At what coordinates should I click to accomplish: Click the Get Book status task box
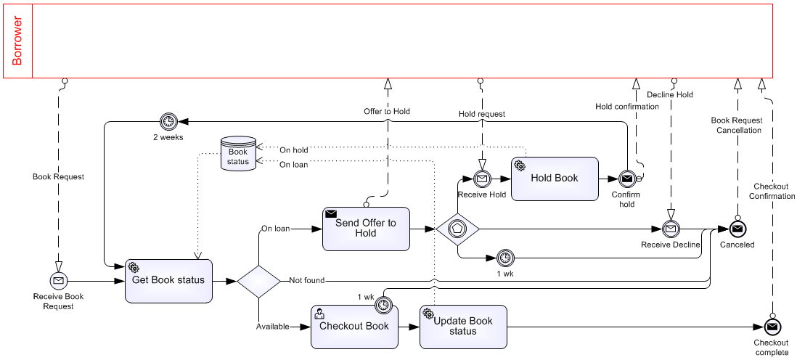pos(168,281)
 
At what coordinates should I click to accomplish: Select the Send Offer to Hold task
pos(366,229)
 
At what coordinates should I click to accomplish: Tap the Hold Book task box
pos(555,179)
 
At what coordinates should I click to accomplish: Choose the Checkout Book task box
pos(355,327)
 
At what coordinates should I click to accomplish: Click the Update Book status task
pos(462,327)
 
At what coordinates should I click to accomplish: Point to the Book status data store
pos(238,154)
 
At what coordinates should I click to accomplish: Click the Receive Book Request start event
pos(58,280)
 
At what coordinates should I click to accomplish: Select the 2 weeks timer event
pos(168,121)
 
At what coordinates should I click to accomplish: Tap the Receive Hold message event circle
pos(481,178)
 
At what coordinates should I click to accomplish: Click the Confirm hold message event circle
pos(627,178)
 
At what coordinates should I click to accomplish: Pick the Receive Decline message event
pos(671,229)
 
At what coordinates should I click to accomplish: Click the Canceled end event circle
pos(737,229)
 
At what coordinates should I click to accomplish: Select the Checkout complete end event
pos(771,327)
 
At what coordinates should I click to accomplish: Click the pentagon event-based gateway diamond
pos(458,229)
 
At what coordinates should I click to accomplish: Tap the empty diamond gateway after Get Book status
pos(258,281)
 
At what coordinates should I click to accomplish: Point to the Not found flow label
pos(306,280)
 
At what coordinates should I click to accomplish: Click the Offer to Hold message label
pos(387,111)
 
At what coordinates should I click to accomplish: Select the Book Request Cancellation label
pos(737,125)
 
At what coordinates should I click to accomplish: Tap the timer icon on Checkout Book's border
pos(384,306)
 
